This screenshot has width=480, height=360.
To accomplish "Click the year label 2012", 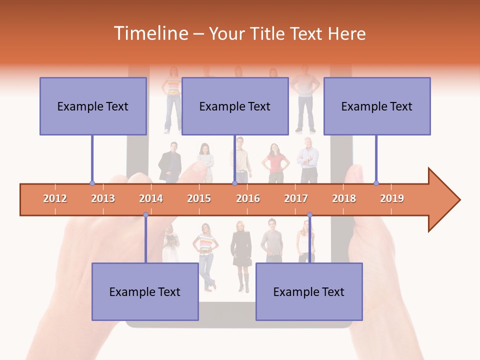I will (55, 198).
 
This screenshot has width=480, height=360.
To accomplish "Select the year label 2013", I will (103, 198).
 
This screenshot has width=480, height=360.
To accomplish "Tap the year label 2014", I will (151, 198).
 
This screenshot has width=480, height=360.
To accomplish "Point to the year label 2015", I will (199, 198).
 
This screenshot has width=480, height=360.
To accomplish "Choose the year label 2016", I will (248, 198).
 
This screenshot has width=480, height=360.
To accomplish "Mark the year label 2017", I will (296, 198).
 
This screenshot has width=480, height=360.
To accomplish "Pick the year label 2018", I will (344, 198).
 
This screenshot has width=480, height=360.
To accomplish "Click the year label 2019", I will (392, 198).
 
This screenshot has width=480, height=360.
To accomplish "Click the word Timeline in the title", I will (150, 33).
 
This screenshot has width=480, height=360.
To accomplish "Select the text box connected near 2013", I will (93, 106).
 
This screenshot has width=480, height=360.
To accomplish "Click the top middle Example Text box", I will (235, 106).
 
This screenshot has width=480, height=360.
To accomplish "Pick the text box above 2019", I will (377, 106).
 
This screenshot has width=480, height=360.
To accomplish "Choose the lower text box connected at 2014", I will (145, 291).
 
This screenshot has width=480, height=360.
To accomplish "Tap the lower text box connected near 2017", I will (309, 291).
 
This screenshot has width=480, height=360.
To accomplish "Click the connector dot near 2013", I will (92, 183).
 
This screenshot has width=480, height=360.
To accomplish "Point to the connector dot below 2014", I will (145, 215).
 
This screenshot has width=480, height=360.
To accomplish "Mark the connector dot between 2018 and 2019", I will (376, 183).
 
